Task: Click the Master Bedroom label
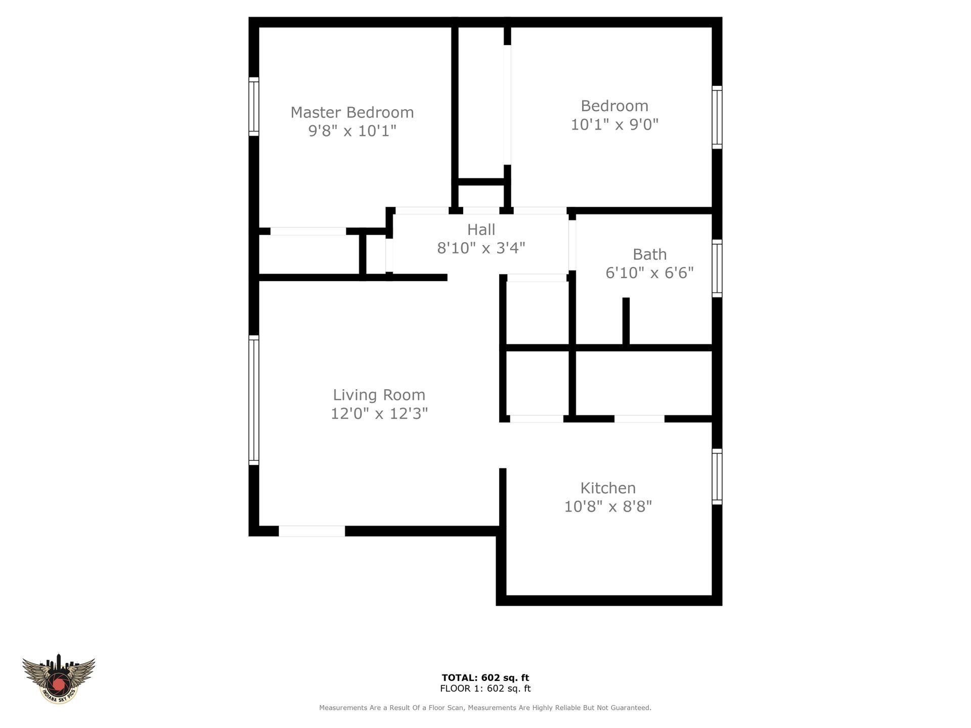(x=352, y=112)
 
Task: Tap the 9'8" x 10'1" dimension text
(x=352, y=131)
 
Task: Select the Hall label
(x=481, y=230)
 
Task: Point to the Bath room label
(x=649, y=254)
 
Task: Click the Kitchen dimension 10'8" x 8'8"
(x=608, y=507)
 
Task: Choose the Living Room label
(x=379, y=395)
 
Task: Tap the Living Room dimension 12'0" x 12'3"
(x=379, y=414)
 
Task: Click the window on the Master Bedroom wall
(x=254, y=107)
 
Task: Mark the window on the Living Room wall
(x=254, y=400)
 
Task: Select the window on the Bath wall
(x=717, y=268)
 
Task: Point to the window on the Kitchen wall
(x=717, y=476)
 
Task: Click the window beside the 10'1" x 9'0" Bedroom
(x=717, y=117)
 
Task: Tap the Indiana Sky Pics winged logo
(x=59, y=678)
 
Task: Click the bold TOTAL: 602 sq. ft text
(x=485, y=678)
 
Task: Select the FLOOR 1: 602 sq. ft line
(x=485, y=689)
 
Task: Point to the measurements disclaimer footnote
(x=485, y=708)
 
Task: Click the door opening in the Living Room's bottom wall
(x=312, y=531)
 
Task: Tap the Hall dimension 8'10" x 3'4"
(x=481, y=248)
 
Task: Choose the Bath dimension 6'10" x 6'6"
(x=649, y=273)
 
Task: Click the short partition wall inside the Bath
(x=626, y=321)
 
